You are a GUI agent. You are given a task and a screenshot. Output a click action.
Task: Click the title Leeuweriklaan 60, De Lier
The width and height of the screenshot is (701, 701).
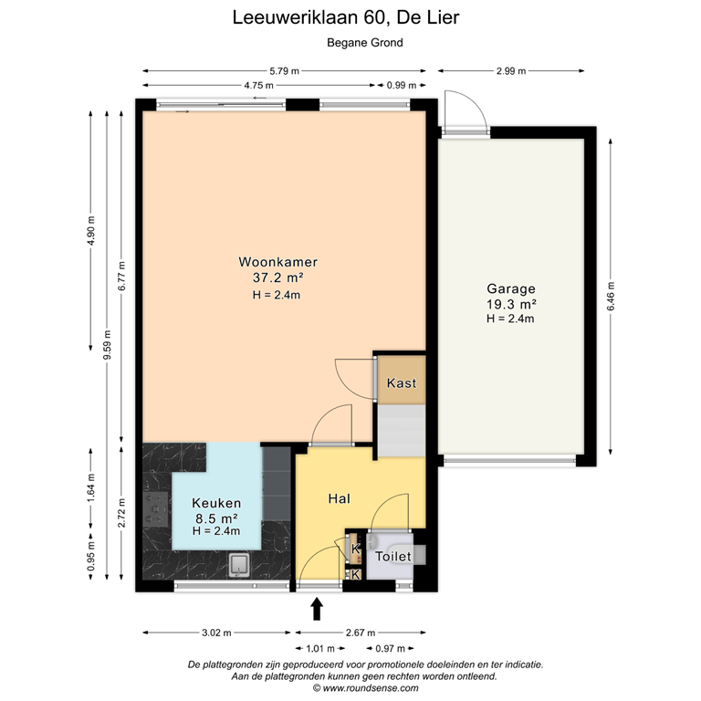click(352, 17)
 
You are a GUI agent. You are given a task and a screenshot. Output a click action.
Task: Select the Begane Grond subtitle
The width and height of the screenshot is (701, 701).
click(364, 42)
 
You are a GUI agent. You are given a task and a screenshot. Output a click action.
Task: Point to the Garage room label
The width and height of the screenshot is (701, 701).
click(510, 288)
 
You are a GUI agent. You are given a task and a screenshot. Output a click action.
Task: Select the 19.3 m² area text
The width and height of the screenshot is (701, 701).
click(510, 304)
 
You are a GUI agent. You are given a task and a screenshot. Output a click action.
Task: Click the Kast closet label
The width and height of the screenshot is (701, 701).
click(402, 383)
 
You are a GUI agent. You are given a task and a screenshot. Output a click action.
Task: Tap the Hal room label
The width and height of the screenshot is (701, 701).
click(340, 498)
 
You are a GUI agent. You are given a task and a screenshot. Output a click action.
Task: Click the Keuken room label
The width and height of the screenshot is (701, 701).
click(216, 503)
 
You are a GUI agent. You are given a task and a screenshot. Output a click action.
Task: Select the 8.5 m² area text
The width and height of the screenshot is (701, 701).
click(216, 518)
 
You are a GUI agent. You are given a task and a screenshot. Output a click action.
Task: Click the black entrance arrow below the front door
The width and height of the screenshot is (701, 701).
click(318, 609)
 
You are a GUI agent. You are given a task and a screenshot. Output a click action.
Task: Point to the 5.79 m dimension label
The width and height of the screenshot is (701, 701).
click(284, 70)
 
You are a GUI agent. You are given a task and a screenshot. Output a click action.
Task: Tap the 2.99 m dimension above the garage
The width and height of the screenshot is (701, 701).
click(511, 70)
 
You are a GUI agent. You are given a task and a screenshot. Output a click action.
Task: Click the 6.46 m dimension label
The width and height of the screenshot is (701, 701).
click(611, 294)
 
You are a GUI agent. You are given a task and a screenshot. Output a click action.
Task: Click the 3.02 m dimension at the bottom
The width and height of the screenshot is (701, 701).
click(216, 632)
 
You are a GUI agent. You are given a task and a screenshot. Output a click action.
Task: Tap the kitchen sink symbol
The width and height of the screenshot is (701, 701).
click(241, 566)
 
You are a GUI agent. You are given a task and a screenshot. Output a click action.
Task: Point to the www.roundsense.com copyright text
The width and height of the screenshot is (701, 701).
click(364, 689)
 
